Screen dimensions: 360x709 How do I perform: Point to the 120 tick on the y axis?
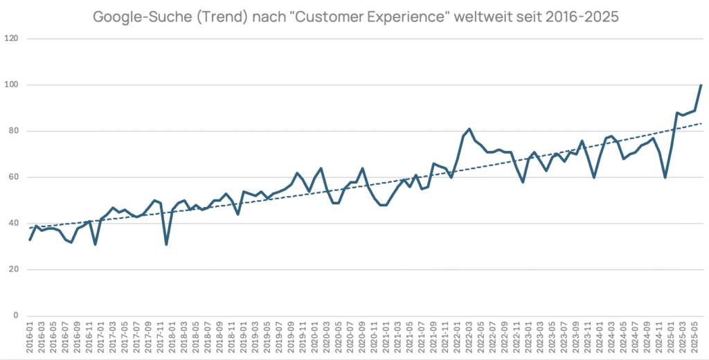point(12,39)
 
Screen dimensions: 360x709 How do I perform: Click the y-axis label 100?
point(12,85)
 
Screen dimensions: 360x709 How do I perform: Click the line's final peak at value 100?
point(701,85)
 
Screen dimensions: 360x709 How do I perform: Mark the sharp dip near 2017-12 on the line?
point(166,244)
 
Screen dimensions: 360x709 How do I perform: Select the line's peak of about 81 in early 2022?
point(469,129)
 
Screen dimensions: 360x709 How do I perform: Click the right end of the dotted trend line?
point(701,123)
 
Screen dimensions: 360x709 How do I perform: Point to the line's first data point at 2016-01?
point(30,240)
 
